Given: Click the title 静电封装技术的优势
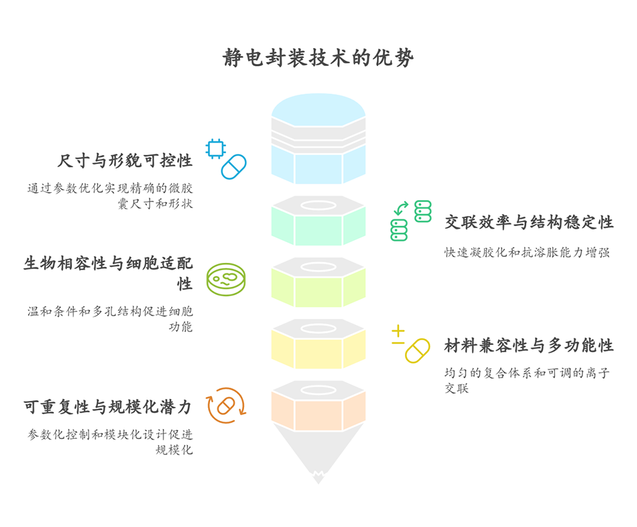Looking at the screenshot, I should coord(318,58).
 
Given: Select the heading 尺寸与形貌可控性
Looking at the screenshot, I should coord(125,161).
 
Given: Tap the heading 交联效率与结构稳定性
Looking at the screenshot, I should coord(529,222).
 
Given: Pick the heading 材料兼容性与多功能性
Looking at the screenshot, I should coord(529,345).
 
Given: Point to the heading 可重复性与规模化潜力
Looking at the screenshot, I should coord(108,406).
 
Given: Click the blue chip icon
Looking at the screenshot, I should coord(215,148).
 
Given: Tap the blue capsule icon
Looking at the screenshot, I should coord(233,166).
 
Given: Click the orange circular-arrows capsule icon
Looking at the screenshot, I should coord(226,406).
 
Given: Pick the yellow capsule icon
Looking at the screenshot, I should coord(418,351).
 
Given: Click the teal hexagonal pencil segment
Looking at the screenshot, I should coord(318,225).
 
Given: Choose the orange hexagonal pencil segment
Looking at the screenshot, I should coord(318,410).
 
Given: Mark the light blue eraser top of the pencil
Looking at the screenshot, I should coord(318,107).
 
